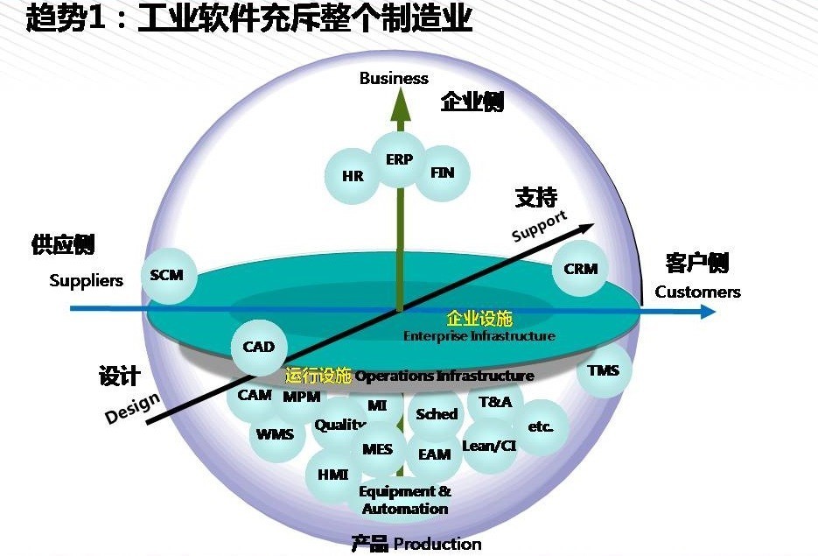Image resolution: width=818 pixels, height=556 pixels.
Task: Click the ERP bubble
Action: pyautogui.click(x=399, y=160)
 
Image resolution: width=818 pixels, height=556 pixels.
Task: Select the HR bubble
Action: pyautogui.click(x=353, y=176)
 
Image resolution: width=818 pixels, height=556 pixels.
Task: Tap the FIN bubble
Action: pyautogui.click(x=443, y=172)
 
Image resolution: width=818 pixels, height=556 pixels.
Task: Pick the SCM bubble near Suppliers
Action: pyautogui.click(x=167, y=275)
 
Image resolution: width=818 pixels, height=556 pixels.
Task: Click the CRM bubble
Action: pyautogui.click(x=580, y=269)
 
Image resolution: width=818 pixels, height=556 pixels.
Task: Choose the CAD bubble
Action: pyautogui.click(x=259, y=347)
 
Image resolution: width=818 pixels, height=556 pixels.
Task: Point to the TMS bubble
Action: pyautogui.click(x=604, y=370)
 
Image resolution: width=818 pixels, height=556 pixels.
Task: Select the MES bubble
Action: pyautogui.click(x=378, y=450)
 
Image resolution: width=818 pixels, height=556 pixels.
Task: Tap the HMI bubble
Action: pyautogui.click(x=333, y=475)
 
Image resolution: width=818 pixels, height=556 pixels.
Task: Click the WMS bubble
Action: pyautogui.click(x=276, y=434)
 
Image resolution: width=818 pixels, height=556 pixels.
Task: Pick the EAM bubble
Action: pyautogui.click(x=435, y=454)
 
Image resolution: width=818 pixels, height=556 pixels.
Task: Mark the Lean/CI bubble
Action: pyautogui.click(x=489, y=446)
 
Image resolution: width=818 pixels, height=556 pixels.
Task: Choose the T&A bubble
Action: pyautogui.click(x=495, y=401)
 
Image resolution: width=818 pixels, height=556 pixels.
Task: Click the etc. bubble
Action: pyautogui.click(x=541, y=427)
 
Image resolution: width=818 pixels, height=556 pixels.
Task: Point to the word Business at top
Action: pyautogui.click(x=394, y=78)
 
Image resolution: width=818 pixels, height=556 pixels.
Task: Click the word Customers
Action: pyautogui.click(x=697, y=292)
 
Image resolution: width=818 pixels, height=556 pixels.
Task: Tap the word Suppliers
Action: pyautogui.click(x=86, y=280)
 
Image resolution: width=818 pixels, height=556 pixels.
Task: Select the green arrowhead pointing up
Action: pyautogui.click(x=400, y=103)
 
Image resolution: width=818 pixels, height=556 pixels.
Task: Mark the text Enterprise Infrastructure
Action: pyautogui.click(x=479, y=336)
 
